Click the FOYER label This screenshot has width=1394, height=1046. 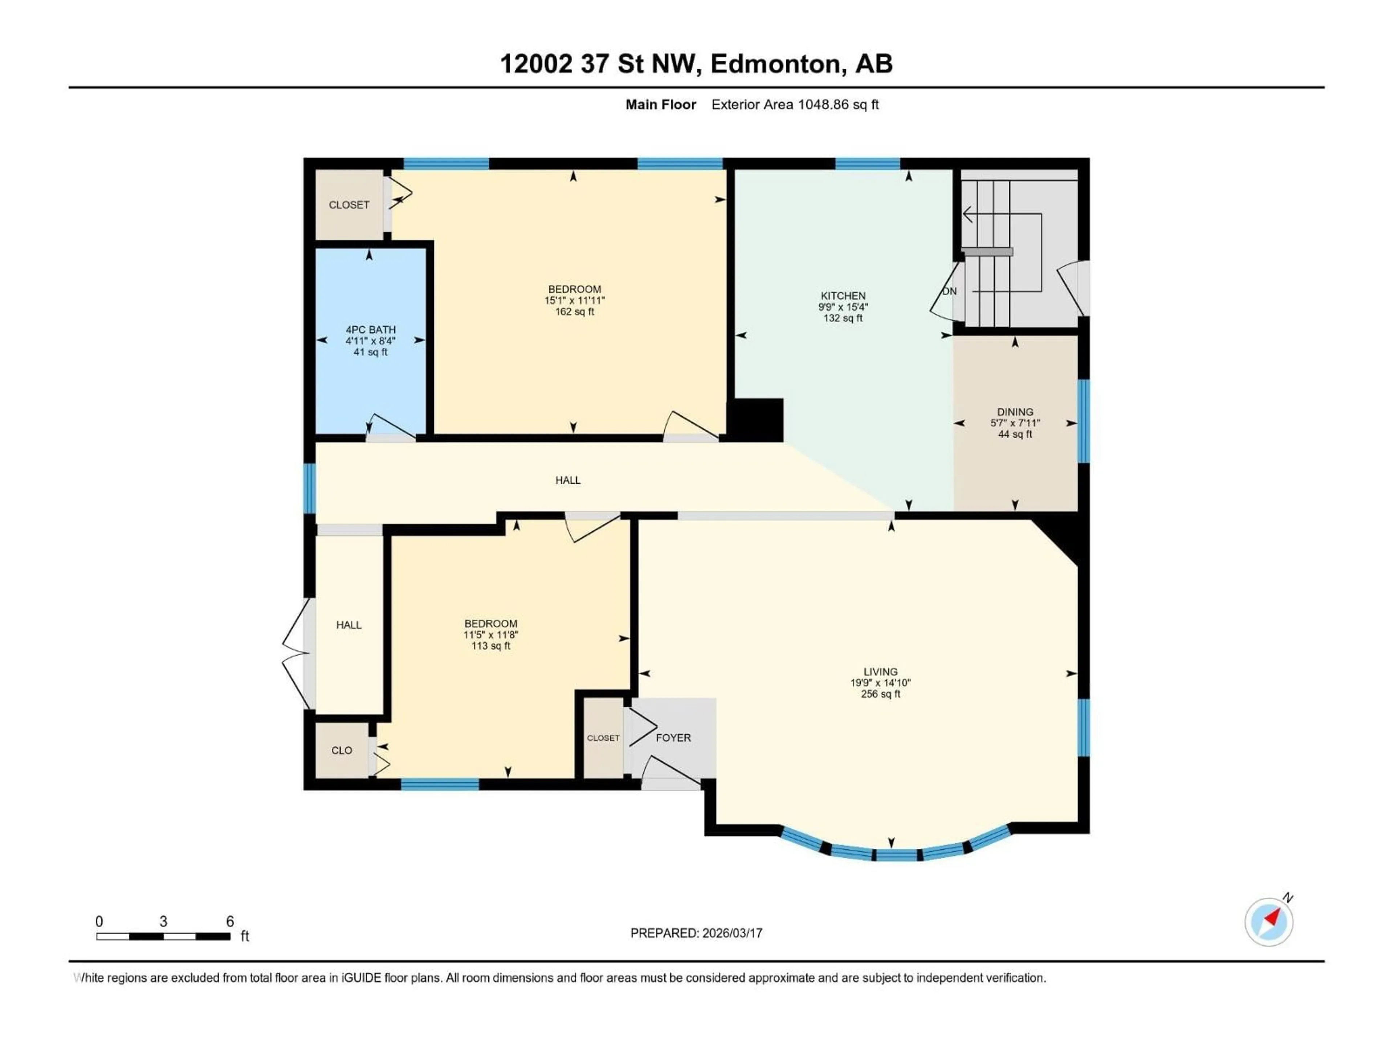coord(673,738)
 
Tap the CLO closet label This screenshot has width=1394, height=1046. coord(342,750)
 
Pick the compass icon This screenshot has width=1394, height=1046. coord(1269,922)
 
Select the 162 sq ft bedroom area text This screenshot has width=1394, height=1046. coord(574,312)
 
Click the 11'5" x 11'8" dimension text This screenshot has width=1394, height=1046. coord(490,635)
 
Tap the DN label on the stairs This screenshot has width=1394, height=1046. coord(949,291)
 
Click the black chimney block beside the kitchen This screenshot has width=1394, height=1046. coord(756,419)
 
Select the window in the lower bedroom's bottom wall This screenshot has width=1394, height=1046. coord(440,784)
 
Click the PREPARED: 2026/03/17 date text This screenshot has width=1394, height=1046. coord(696,933)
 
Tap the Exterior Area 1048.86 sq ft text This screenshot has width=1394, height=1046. coord(795,105)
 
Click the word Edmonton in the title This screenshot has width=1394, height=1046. coord(777,64)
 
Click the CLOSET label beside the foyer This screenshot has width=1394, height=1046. coord(603,738)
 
